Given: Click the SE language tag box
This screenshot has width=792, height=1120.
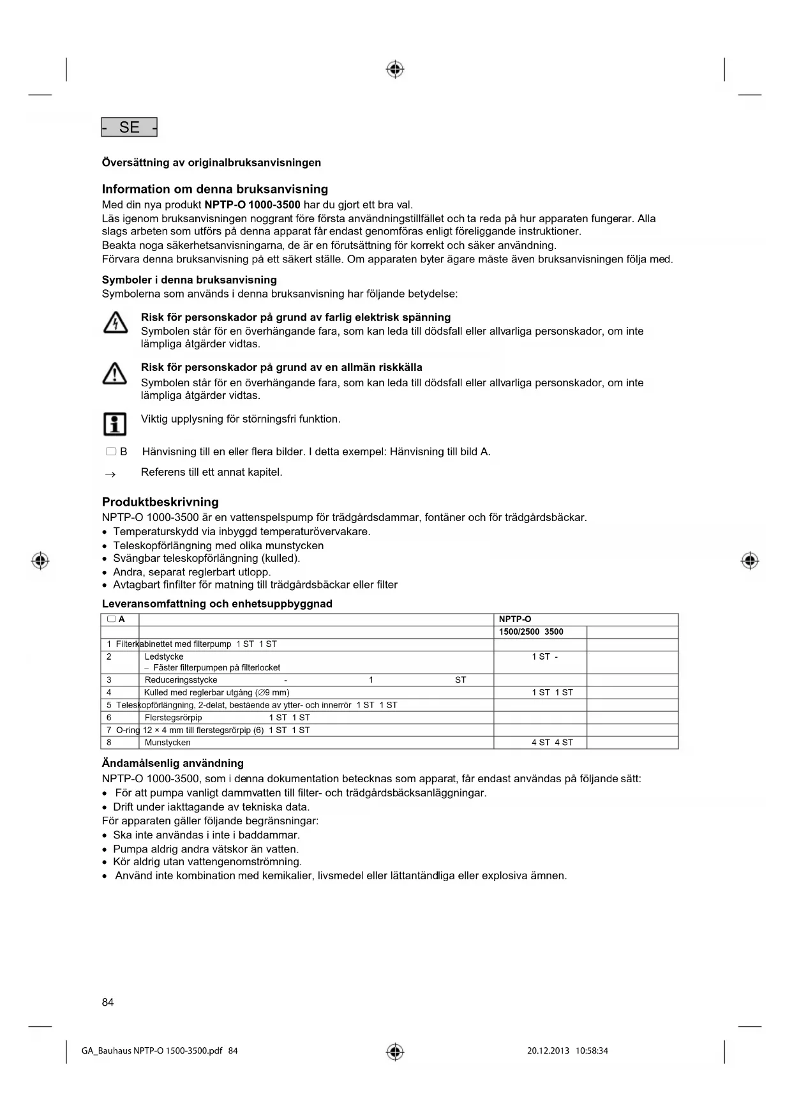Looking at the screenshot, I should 129,127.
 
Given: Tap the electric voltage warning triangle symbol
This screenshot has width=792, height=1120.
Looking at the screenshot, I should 115,324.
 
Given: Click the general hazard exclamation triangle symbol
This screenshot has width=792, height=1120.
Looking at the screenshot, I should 115,374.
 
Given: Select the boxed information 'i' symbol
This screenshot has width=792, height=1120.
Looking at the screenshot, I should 115,423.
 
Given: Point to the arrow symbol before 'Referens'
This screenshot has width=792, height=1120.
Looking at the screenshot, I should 110,474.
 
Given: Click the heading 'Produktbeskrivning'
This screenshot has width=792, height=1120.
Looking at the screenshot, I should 160,502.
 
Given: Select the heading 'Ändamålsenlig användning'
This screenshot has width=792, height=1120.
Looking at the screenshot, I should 172,763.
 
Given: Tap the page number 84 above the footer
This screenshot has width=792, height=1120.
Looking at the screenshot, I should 108,1002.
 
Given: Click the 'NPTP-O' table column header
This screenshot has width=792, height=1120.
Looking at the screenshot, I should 515,619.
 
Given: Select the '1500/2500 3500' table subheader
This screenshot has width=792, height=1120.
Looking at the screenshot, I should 531,632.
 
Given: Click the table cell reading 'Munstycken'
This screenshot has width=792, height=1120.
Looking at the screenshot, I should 167,743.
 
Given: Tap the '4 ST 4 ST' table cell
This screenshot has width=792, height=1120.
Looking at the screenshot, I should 552,743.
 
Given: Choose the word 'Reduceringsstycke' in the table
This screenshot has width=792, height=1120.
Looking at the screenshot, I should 181,680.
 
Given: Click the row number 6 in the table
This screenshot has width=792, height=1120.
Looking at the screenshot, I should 109,718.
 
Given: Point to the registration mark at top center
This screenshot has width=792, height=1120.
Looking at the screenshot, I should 395,69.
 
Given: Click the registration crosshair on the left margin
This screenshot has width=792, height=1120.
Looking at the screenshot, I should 40,561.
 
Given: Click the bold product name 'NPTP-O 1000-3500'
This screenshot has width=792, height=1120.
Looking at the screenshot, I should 252,205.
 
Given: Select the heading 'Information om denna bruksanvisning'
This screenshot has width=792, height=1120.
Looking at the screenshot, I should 214,189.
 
